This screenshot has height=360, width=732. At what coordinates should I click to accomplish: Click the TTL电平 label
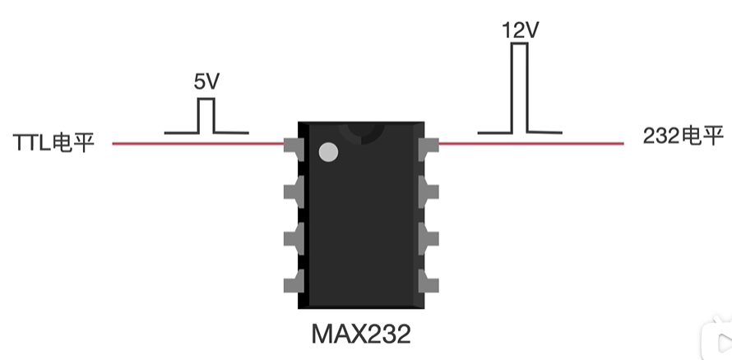point(54,142)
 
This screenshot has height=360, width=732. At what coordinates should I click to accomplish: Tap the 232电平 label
point(683,136)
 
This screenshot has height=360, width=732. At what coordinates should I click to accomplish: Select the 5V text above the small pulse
point(206,82)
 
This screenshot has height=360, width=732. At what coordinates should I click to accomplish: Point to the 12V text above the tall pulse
point(520,31)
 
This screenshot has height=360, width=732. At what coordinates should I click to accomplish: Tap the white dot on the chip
point(328,152)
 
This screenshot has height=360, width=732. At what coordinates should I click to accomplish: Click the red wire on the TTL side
point(197,144)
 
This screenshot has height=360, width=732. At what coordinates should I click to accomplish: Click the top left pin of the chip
point(291,145)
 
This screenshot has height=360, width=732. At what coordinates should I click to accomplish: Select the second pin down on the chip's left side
point(291,192)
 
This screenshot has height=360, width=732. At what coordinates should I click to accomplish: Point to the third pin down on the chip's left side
point(291,238)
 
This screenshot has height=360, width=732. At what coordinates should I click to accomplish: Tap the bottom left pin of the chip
point(291,284)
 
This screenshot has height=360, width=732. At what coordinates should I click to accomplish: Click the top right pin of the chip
point(429,147)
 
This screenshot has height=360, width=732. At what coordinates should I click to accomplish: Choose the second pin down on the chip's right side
point(429,192)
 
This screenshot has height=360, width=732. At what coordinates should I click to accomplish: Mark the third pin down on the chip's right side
point(429,238)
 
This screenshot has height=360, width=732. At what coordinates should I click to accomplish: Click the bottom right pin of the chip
point(429,282)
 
